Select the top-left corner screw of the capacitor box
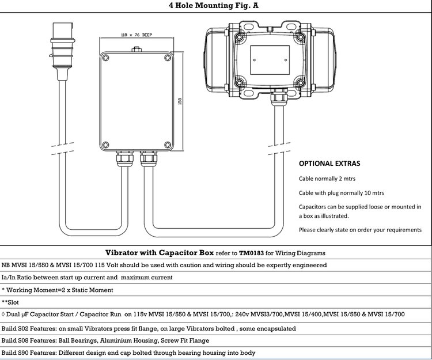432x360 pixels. (106, 57)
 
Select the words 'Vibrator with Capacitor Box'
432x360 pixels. (159, 252)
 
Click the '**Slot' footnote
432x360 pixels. (12, 302)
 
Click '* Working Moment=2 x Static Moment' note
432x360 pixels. (58, 290)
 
